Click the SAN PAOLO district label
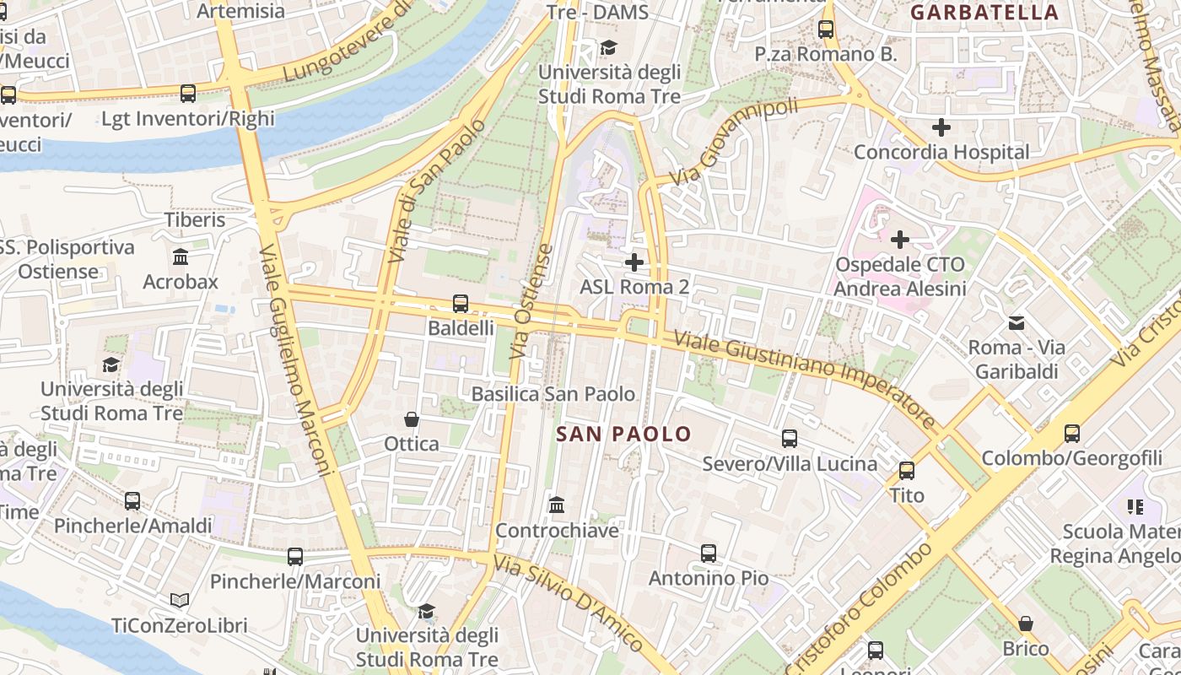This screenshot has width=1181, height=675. point(624,435)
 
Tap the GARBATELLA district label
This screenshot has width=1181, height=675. point(984,13)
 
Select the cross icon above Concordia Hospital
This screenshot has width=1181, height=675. point(941,127)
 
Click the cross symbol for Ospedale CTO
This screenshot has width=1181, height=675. point(900,240)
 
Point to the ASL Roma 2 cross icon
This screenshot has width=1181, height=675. point(634,262)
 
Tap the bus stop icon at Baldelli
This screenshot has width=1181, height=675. point(461,303)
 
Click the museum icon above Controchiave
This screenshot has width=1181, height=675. point(557,505)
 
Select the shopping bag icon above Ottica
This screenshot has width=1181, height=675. point(412,419)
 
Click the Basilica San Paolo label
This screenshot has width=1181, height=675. point(553,394)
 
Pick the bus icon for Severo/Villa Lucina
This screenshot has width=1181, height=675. point(790,439)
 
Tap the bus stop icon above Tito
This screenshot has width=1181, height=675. point(907,471)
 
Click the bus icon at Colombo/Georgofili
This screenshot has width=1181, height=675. point(1071,434)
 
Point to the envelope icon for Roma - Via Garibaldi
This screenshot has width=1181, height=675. point(1017,322)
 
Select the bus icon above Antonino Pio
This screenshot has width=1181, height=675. point(709,553)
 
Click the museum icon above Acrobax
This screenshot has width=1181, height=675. point(181,256)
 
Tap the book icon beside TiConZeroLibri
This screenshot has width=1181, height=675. point(180,600)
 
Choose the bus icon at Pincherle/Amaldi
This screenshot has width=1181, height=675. point(132,501)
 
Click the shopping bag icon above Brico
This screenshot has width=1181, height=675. point(1026,624)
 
